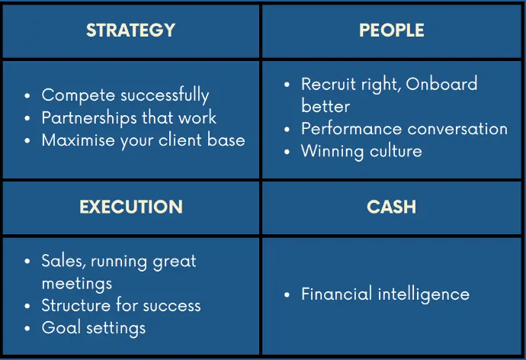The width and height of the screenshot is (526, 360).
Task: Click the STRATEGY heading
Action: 131,31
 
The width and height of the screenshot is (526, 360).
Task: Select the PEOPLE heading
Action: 392,31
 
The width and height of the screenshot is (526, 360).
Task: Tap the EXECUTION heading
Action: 131,207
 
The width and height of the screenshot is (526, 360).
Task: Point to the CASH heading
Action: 392,207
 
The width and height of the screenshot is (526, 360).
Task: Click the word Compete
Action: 79,95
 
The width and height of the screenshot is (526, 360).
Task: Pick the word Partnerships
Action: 89,118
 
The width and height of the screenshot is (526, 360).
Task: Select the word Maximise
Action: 79,140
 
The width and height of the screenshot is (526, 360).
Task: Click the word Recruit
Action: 329,84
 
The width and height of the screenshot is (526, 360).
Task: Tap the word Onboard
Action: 441,84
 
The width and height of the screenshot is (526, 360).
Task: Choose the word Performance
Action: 351,129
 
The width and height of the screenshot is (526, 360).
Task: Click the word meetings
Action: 77,284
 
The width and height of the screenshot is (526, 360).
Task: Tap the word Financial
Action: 337,294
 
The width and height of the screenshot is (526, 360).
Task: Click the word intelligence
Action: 424,295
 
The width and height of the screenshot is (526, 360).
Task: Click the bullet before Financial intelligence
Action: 287,295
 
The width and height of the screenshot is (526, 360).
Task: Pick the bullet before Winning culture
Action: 287,152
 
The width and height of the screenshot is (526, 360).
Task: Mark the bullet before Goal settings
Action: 27,329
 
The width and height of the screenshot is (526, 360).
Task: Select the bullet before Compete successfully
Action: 27,96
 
